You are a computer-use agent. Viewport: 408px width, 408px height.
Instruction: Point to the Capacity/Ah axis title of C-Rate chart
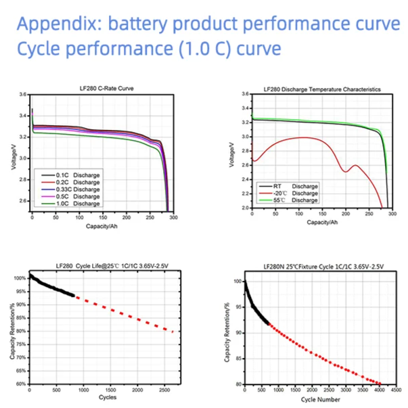[102, 227]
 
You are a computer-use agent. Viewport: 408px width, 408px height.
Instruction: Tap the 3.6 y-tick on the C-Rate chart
[22, 94]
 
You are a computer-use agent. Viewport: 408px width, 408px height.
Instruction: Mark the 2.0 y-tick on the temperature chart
[244, 208]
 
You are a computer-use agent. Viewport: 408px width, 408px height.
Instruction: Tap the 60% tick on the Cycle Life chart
[22, 384]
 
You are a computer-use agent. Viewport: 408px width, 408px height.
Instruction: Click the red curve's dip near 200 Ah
[346, 171]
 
